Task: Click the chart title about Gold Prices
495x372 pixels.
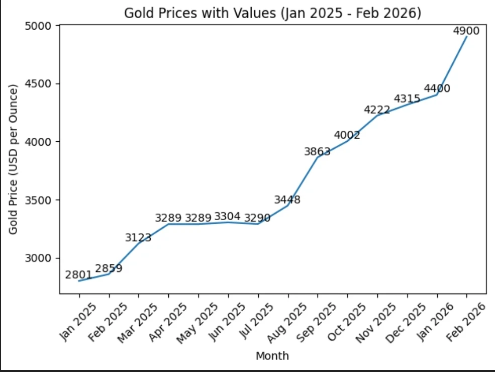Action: pos(272,13)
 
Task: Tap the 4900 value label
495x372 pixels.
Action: pos(466,31)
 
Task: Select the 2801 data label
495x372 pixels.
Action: pos(78,275)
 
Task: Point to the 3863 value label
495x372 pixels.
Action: pos(317,151)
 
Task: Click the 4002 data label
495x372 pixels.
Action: pos(347,135)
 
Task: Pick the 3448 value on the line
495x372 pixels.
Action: pos(287,200)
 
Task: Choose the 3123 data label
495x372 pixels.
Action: pos(138,237)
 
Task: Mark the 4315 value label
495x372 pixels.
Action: pos(407,99)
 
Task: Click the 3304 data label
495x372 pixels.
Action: pos(227,216)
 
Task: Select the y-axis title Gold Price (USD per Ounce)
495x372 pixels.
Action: pos(14,159)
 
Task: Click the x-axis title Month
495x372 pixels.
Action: pos(272,356)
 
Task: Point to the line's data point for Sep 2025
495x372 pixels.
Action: pos(317,158)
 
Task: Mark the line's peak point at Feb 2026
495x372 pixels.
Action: pos(466,37)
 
